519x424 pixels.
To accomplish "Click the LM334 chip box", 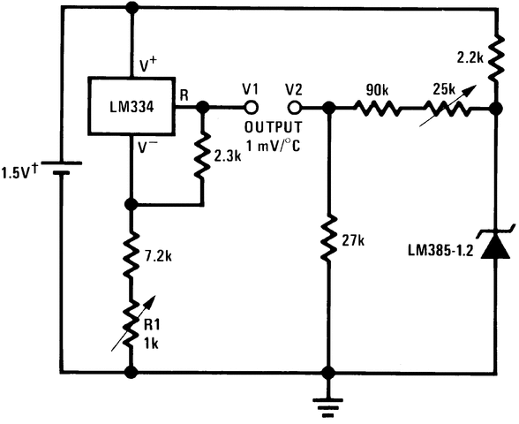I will tap(132, 107).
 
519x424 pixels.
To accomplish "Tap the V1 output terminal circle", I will tap(252, 108).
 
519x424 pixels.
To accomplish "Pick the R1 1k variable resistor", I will tap(132, 323).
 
